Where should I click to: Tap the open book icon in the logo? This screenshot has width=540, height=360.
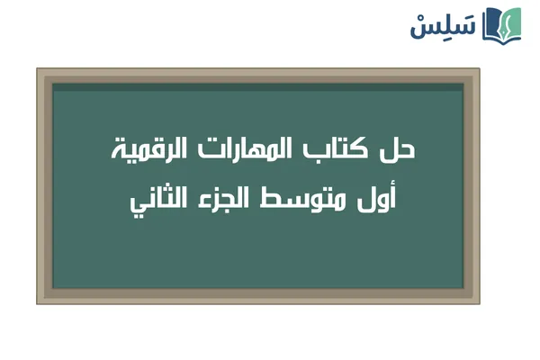click(502, 24)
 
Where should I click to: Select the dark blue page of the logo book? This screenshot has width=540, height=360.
click(492, 25)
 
